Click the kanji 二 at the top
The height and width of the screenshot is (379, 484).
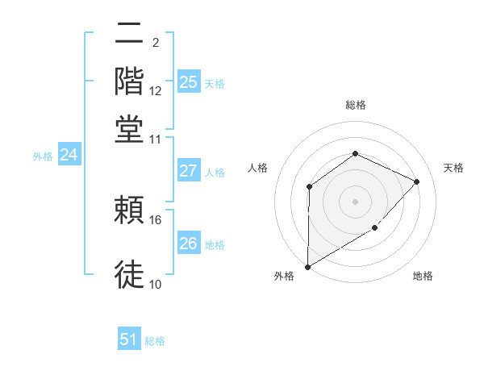point(129,35)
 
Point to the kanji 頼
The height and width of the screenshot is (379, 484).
point(129,211)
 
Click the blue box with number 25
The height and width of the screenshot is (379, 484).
point(188,82)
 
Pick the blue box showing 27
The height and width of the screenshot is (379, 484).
point(188,171)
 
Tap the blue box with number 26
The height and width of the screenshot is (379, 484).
point(188,244)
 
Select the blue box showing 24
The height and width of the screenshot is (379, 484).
point(69,156)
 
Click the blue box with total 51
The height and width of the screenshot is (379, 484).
point(128,339)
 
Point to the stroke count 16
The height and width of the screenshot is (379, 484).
point(156,219)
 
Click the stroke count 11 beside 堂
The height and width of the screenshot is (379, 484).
point(155,140)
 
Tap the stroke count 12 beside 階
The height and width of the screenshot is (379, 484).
point(156,91)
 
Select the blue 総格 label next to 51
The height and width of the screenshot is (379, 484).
point(155,341)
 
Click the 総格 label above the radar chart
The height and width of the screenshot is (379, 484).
point(355,105)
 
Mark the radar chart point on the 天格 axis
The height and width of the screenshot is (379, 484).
point(417,181)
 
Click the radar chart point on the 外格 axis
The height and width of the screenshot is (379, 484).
point(307,267)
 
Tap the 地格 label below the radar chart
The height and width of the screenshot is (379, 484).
point(423,277)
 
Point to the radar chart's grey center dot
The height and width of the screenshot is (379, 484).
point(355,201)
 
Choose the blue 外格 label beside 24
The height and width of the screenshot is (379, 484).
point(42,156)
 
